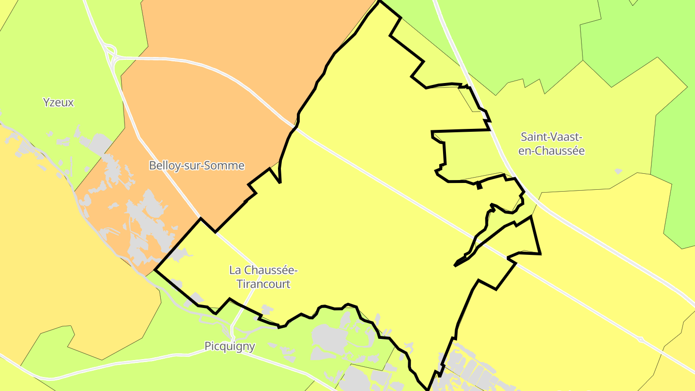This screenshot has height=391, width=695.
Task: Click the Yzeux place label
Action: point(58,102)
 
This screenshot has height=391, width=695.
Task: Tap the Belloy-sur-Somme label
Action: point(196,166)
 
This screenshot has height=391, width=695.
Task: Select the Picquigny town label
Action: point(230,346)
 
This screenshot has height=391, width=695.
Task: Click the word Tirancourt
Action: point(264,284)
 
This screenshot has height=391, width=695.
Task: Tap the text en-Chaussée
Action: point(551,151)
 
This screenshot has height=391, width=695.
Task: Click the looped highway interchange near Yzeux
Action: point(110,53)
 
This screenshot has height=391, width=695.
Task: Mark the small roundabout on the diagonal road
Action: point(640,339)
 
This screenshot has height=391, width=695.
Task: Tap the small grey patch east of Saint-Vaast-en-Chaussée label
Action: point(618,171)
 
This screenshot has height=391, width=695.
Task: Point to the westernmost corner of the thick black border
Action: point(155,270)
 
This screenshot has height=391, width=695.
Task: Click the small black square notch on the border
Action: point(479,186)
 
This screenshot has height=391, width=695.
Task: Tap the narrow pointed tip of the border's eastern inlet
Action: point(455,265)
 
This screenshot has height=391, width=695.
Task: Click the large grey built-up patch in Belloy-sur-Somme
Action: point(145,217)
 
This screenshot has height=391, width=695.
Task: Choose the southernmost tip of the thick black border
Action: point(428,389)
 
